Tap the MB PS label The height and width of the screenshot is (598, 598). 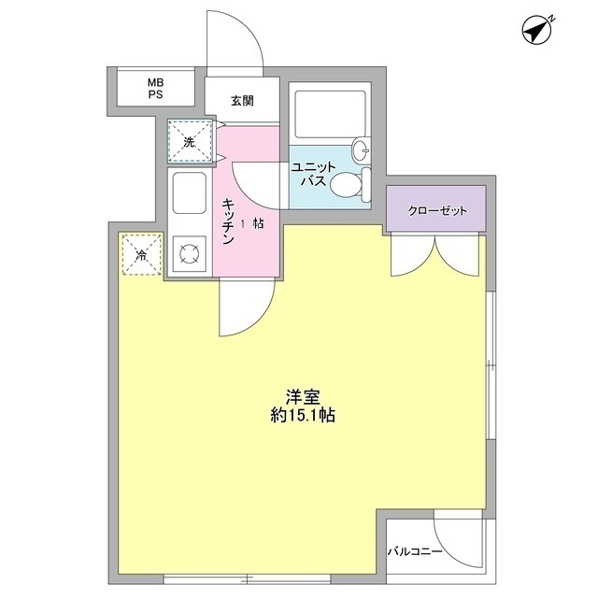[154, 90]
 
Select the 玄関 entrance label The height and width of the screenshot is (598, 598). [241, 101]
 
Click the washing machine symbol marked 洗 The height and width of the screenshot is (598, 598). [190, 142]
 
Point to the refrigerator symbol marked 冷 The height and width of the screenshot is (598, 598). [142, 255]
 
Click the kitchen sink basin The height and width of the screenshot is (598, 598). [190, 195]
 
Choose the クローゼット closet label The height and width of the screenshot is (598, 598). [436, 211]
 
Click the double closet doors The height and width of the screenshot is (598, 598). [436, 254]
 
